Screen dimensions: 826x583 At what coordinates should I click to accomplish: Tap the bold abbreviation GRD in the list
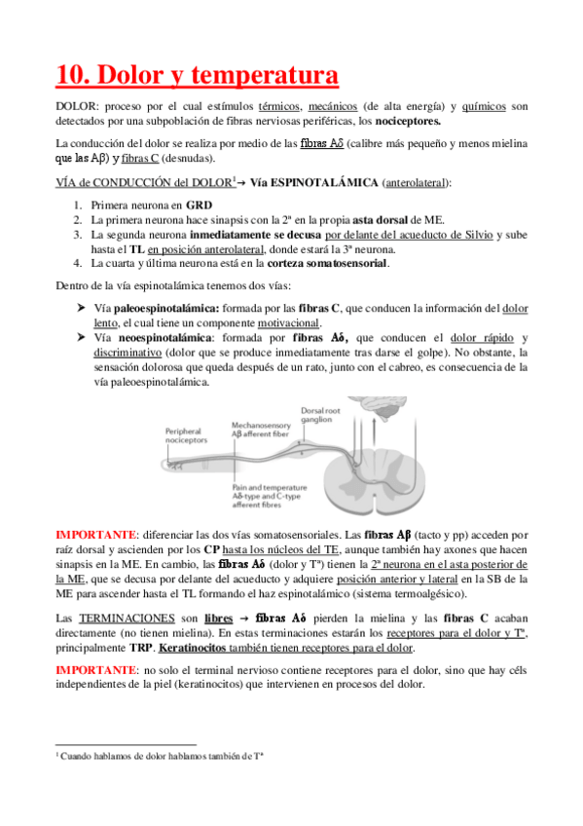coord(198,206)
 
